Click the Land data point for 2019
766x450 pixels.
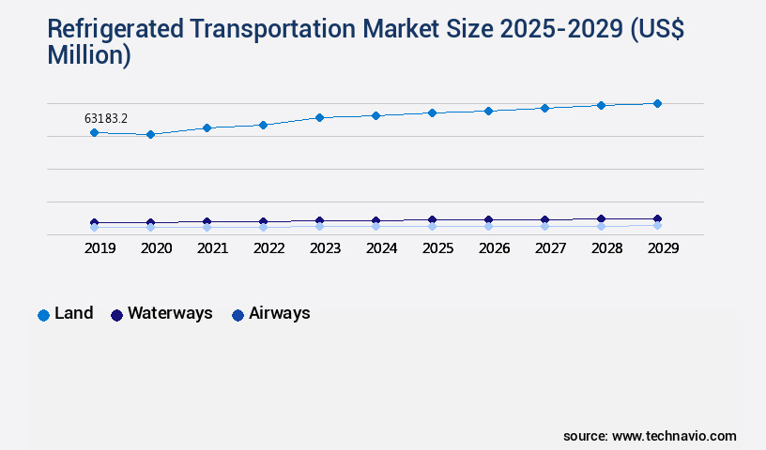(94, 132)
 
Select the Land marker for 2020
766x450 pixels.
(150, 134)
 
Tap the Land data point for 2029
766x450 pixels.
(657, 103)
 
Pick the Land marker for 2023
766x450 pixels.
(319, 117)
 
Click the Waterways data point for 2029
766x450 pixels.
(657, 218)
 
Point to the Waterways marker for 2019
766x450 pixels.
(94, 222)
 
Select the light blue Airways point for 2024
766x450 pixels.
(375, 226)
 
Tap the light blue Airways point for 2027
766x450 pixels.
(544, 226)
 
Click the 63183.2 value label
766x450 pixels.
(106, 118)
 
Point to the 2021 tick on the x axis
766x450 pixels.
(212, 248)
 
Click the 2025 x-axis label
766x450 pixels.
(437, 248)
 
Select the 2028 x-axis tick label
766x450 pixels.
(606, 248)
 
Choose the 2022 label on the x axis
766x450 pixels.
(268, 248)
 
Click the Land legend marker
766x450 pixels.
(43, 315)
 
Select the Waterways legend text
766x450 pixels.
(170, 313)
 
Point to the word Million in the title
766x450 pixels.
(89, 55)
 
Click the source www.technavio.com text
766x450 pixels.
(650, 436)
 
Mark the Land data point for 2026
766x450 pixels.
(488, 111)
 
